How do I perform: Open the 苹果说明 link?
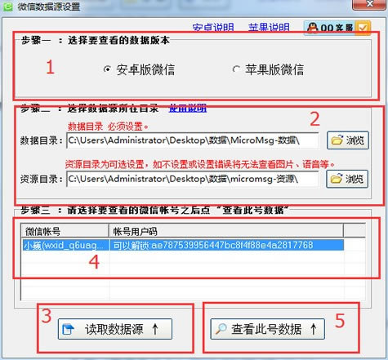(x=269, y=27)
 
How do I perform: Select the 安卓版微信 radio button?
(x=108, y=70)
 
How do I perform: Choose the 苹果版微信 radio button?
(x=237, y=70)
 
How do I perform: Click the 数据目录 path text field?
(x=192, y=140)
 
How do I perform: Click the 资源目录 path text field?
(x=192, y=178)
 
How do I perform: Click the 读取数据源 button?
(x=115, y=330)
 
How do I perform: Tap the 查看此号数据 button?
(x=266, y=330)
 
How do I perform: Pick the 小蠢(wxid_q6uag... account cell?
(x=65, y=245)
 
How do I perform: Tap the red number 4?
(x=94, y=262)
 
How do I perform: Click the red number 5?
(x=340, y=321)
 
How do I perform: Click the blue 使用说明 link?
(x=187, y=108)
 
